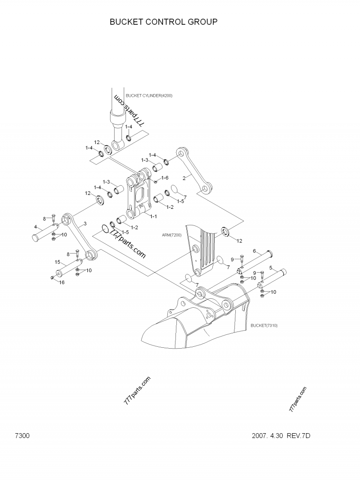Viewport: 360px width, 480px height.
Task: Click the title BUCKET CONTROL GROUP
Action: pyautogui.click(x=164, y=22)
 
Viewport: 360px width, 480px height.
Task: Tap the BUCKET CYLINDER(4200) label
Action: pyautogui.click(x=149, y=95)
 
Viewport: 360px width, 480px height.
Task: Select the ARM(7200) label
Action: pyautogui.click(x=171, y=235)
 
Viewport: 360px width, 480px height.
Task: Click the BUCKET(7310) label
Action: pyautogui.click(x=264, y=325)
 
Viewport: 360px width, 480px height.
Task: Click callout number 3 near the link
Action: pyautogui.click(x=85, y=223)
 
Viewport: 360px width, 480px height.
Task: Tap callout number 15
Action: pyautogui.click(x=58, y=262)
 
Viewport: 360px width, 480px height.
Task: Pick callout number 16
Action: pyautogui.click(x=62, y=283)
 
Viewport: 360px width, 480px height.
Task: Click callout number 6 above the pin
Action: pyautogui.click(x=254, y=251)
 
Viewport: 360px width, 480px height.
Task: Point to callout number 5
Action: pyautogui.click(x=270, y=268)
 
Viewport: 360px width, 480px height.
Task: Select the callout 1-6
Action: pyautogui.click(x=165, y=178)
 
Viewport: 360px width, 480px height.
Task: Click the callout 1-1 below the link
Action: pyautogui.click(x=153, y=216)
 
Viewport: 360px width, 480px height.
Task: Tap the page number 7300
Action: pyautogui.click(x=22, y=436)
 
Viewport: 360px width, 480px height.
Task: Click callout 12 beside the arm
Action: pyautogui.click(x=239, y=241)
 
